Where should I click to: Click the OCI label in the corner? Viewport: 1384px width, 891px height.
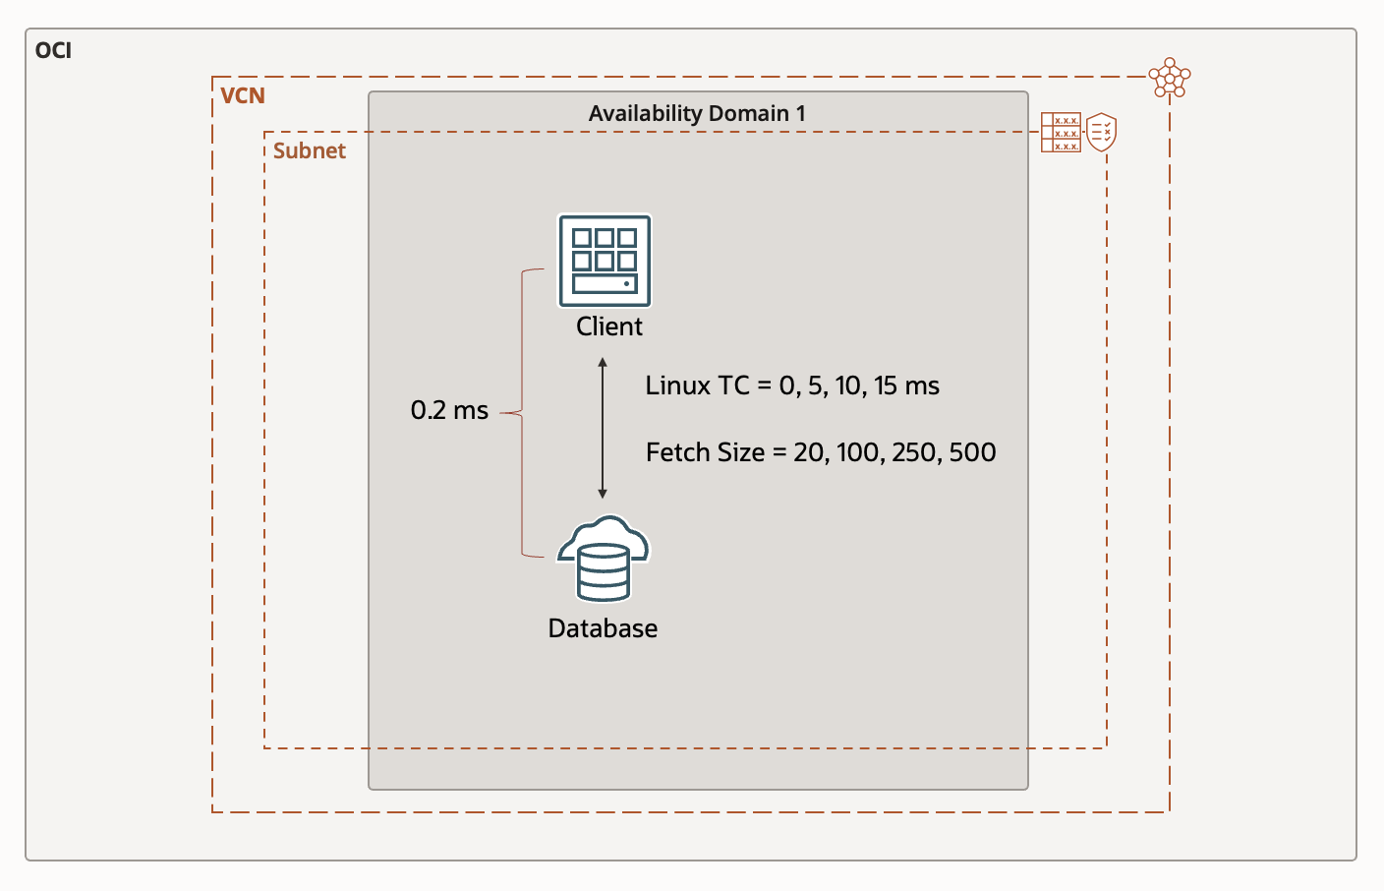(53, 50)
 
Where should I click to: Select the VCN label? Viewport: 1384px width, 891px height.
(242, 95)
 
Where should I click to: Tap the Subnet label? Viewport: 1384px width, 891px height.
(309, 150)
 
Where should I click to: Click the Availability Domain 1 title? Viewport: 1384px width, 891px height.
(696, 114)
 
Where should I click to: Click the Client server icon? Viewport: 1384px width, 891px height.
(605, 261)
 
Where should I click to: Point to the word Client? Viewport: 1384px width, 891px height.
(608, 327)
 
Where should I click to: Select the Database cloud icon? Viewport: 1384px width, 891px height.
(603, 558)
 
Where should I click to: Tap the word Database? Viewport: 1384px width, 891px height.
(603, 628)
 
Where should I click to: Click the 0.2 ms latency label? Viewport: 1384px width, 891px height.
(449, 411)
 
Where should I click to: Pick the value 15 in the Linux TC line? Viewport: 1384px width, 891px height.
(886, 386)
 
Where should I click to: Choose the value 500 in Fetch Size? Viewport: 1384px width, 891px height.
(972, 452)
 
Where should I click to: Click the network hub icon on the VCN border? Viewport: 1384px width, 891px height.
(1170, 78)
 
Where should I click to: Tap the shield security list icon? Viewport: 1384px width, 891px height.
(1101, 132)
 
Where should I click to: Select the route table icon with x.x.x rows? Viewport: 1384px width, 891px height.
(1061, 132)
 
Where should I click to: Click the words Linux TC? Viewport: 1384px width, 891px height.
(697, 386)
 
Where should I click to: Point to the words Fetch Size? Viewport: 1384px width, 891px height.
(705, 452)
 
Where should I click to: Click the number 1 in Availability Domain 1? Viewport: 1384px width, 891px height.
(801, 114)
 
